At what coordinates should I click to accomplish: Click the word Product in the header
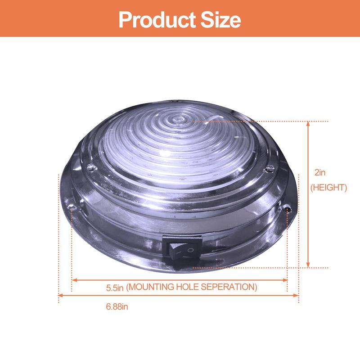pyautogui.click(x=157, y=20)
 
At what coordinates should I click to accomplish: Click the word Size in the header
pyautogui.click(x=221, y=20)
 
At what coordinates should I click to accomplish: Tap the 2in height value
pyautogui.click(x=320, y=172)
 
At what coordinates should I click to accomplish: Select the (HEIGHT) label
pyautogui.click(x=328, y=188)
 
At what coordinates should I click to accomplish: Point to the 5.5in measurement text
pyautogui.click(x=115, y=288)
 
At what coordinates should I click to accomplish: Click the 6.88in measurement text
pyautogui.click(x=117, y=307)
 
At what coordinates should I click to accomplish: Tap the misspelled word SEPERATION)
pyautogui.click(x=229, y=287)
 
